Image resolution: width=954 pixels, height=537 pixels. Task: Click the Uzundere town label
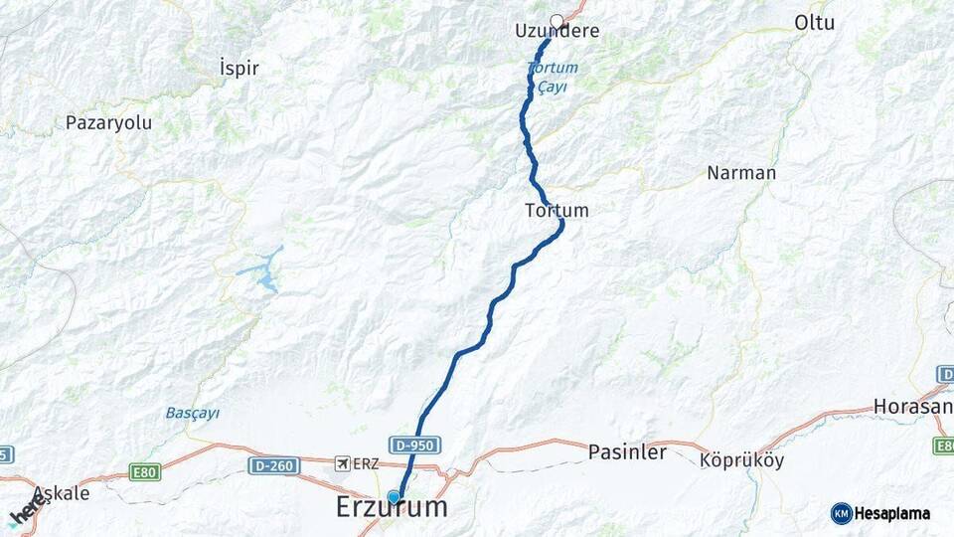(x=556, y=31)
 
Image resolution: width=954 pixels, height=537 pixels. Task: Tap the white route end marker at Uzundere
(x=556, y=20)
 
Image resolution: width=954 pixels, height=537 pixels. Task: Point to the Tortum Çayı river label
(x=547, y=77)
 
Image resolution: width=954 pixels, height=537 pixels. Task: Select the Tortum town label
(x=556, y=211)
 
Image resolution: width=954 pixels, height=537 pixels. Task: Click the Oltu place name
(x=815, y=23)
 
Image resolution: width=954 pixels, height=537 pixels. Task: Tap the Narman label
(x=741, y=173)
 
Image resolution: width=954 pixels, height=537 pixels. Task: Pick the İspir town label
(x=238, y=69)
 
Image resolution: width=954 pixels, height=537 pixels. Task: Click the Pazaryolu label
(x=108, y=123)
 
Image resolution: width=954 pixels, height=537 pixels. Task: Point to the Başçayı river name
(x=192, y=413)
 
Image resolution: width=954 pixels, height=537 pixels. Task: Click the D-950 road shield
(x=413, y=446)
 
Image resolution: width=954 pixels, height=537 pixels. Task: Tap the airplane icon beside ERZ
(x=343, y=463)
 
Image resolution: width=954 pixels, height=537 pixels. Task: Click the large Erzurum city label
(x=392, y=507)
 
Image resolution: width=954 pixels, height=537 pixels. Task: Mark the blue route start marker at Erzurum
(x=394, y=497)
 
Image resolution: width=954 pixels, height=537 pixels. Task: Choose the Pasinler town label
(x=627, y=452)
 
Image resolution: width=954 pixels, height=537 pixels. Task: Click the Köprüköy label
(x=741, y=461)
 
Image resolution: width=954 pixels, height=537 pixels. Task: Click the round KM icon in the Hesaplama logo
(x=841, y=513)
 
